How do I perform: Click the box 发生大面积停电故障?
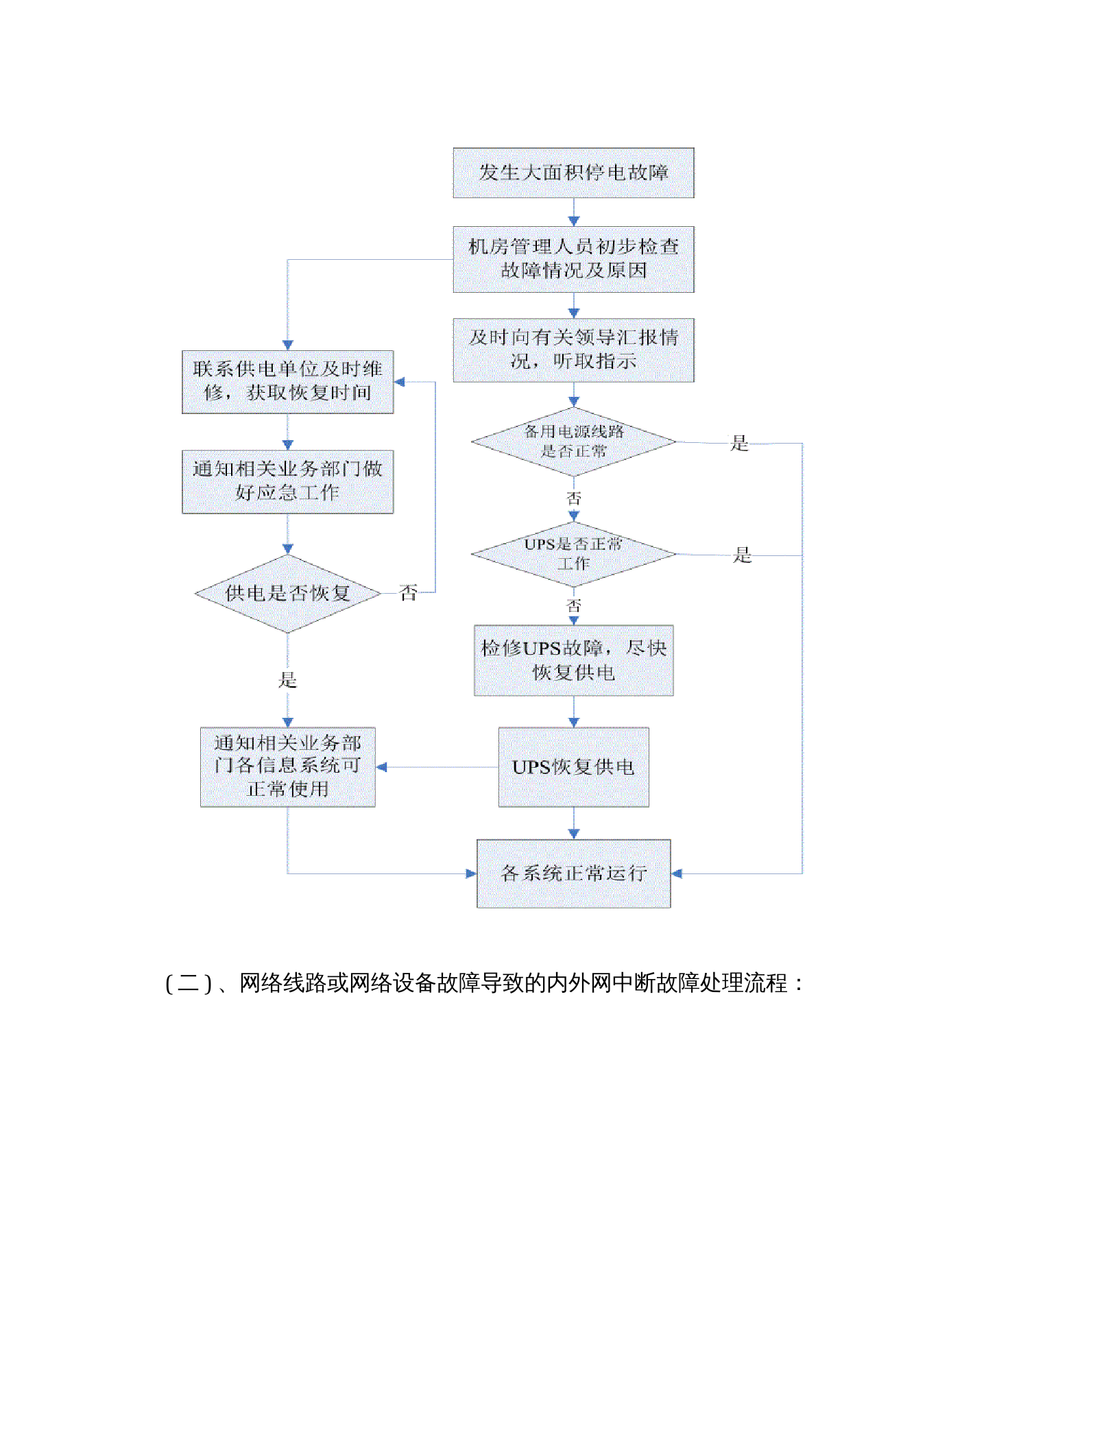[x=573, y=173]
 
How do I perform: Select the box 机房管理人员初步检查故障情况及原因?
[x=573, y=259]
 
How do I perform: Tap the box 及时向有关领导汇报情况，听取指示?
[x=573, y=350]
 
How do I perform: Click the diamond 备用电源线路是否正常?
[x=573, y=442]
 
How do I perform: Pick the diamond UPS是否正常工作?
[x=573, y=554]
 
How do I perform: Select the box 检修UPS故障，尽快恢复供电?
[x=573, y=660]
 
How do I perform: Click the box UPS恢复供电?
[x=573, y=767]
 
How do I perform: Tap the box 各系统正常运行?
[x=573, y=873]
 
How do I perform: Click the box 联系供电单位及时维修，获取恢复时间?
[x=287, y=381]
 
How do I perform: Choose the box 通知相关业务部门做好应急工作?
[x=287, y=481]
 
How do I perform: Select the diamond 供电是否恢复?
[x=287, y=593]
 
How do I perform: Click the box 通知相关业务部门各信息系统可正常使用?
[x=287, y=766]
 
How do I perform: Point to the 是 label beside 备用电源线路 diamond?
[x=739, y=443]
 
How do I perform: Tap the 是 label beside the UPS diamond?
[x=742, y=555]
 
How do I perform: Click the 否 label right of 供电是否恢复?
[x=408, y=592]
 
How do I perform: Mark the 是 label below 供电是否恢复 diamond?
[x=287, y=679]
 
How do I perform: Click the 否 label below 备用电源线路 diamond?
[x=573, y=498]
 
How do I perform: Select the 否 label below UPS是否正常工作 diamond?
[x=573, y=605]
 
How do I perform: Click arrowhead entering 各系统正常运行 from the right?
[x=677, y=873]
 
